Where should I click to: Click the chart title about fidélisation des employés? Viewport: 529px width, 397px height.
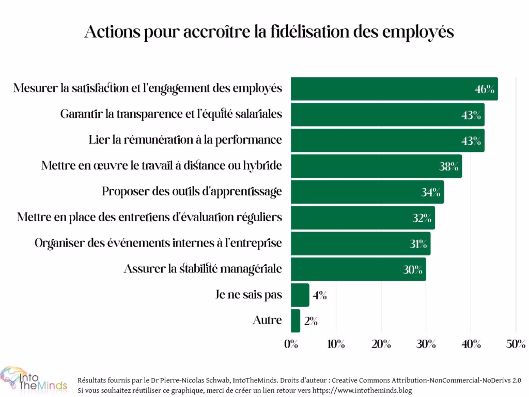(269, 32)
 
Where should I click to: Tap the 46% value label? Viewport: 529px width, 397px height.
(485, 89)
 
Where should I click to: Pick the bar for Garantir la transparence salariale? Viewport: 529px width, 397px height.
(387, 114)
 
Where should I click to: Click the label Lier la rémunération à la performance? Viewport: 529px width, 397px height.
(185, 140)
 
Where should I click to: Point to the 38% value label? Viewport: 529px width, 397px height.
(449, 166)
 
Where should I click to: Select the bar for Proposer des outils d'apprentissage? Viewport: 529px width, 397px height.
(367, 192)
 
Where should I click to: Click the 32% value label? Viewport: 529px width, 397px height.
(422, 218)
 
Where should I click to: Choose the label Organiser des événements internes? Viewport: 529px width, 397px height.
(158, 243)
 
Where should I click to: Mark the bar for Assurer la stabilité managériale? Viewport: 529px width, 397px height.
(359, 269)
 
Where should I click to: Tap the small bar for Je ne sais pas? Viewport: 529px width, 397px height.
(300, 295)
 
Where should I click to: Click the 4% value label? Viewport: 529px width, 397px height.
(319, 296)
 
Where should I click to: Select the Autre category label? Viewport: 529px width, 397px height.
(267, 320)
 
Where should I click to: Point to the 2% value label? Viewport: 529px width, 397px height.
(310, 322)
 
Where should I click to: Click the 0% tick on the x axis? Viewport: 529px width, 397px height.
(291, 345)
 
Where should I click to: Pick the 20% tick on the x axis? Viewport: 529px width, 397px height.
(381, 345)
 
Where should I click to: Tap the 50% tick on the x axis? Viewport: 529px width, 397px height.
(516, 345)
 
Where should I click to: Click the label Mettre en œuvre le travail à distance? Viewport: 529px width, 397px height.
(161, 166)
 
